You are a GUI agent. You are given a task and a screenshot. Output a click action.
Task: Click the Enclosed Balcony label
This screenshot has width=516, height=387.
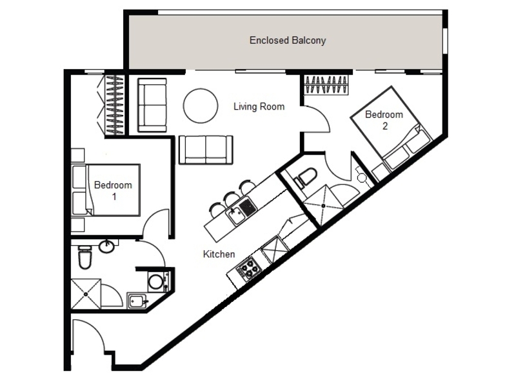click(x=288, y=41)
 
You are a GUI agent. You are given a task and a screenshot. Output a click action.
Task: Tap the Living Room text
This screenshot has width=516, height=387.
click(x=259, y=106)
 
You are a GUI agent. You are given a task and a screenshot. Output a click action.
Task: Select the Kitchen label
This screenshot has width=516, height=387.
click(x=219, y=254)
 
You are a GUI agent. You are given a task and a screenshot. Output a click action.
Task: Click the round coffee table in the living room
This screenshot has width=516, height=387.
click(x=201, y=106)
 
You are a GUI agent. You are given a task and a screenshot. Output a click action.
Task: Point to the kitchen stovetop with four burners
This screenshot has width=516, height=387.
click(x=249, y=268)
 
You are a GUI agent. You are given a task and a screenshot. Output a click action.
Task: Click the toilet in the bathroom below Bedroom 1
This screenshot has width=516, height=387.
click(x=85, y=257)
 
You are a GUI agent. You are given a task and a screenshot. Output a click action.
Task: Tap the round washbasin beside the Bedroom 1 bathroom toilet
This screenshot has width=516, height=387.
click(x=106, y=247)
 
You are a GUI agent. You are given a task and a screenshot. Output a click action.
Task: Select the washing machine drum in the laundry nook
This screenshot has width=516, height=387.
click(x=155, y=281)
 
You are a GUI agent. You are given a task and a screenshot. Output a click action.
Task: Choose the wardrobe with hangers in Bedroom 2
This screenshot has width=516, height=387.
click(x=326, y=85)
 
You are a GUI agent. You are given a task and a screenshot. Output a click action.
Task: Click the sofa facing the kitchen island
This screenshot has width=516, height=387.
click(x=206, y=150)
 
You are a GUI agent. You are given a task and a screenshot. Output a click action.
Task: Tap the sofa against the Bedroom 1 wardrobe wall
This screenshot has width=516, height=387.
click(x=152, y=105)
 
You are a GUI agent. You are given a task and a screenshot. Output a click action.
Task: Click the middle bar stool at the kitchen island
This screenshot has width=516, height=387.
click(x=232, y=198)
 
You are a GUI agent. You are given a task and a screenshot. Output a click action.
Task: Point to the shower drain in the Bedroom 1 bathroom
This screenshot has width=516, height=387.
click(x=86, y=294)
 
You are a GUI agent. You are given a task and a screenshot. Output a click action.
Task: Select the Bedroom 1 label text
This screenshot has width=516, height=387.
click(x=114, y=191)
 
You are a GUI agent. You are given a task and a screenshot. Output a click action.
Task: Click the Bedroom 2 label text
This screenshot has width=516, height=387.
click(x=384, y=120)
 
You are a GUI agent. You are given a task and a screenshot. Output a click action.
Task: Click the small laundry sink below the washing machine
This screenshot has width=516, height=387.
click(x=137, y=300)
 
